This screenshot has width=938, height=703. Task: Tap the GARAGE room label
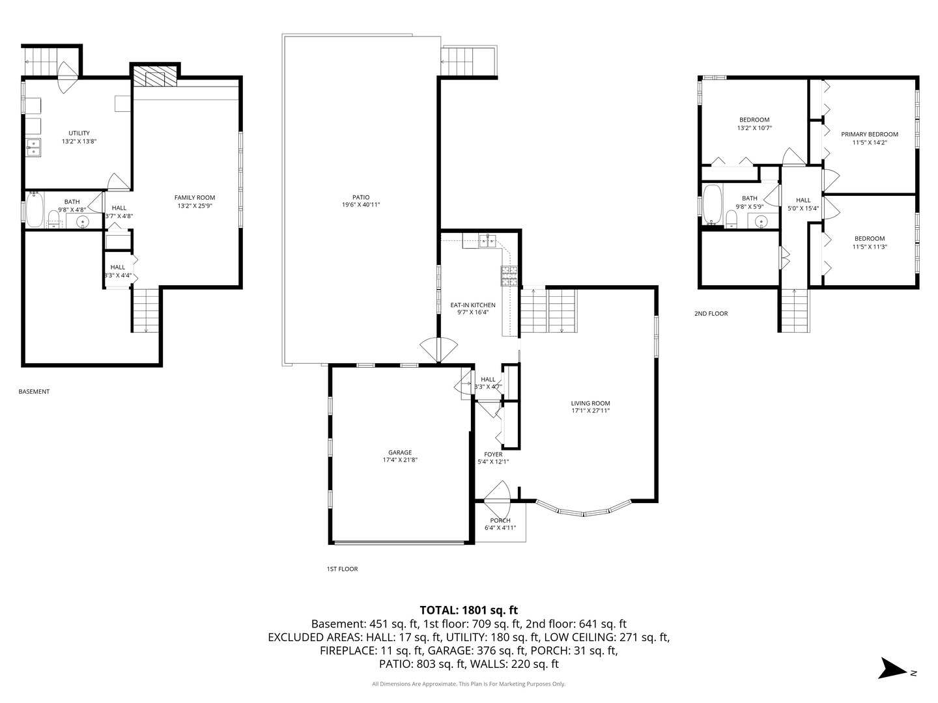click(399, 452)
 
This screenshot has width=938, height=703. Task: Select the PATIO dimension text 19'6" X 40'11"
click(361, 204)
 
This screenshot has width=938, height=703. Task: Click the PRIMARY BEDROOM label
click(869, 134)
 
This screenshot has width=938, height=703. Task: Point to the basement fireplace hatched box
click(154, 76)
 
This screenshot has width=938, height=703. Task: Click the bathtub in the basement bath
click(35, 210)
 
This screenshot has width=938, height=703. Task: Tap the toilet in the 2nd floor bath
click(731, 219)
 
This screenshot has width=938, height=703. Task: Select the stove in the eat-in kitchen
click(509, 276)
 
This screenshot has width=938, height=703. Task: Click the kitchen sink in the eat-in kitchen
click(487, 241)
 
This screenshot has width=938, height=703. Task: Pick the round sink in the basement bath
click(81, 221)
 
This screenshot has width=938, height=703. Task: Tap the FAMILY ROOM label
click(194, 197)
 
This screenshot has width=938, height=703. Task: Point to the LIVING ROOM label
click(590, 403)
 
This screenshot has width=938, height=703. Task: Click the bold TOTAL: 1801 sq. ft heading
click(468, 610)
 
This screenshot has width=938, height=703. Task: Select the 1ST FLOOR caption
click(342, 568)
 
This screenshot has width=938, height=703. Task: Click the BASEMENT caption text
click(34, 391)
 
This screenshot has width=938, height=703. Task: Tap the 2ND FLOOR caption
click(711, 313)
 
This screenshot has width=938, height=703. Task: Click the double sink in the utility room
click(33, 147)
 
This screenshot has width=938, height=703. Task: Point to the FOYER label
click(493, 454)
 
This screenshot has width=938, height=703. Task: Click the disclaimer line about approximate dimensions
click(469, 683)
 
